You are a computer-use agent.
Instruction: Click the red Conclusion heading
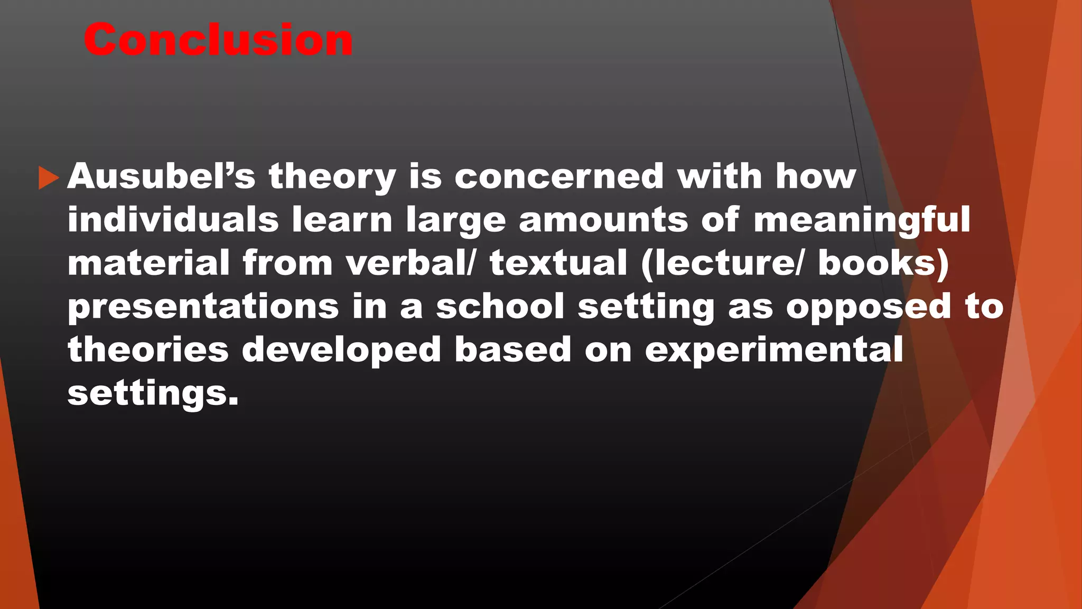(218, 40)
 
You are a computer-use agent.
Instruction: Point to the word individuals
(173, 219)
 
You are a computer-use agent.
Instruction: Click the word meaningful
(862, 220)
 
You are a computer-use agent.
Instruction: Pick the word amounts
(603, 219)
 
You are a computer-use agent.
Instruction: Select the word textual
(558, 263)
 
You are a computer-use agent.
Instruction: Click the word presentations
(203, 307)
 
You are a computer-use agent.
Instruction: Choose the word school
(500, 307)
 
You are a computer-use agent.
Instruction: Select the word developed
(341, 350)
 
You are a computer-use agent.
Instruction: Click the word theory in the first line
(332, 177)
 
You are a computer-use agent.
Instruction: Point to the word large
(456, 220)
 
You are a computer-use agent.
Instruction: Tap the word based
(512, 350)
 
